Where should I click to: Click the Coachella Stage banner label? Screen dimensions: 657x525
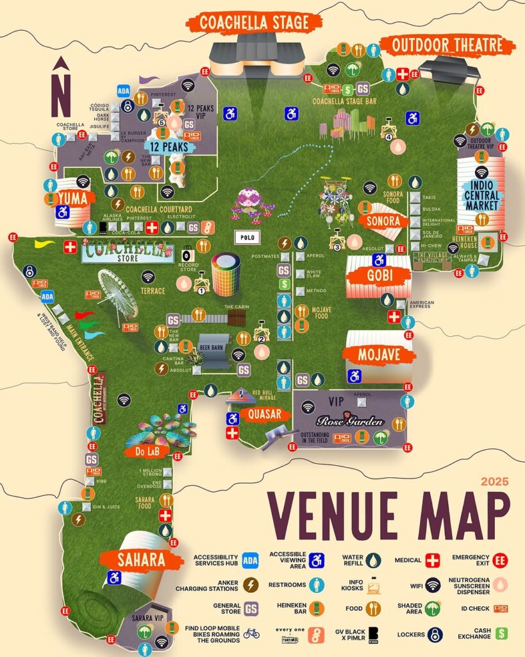pyautogui.click(x=253, y=23)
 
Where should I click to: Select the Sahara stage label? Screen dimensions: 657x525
pyautogui.click(x=141, y=559)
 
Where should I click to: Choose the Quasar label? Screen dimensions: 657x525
pyautogui.click(x=263, y=414)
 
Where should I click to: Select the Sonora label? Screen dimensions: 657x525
pyautogui.click(x=383, y=221)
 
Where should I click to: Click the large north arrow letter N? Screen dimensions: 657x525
pyautogui.click(x=61, y=95)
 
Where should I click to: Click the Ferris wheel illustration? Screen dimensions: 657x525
pyautogui.click(x=118, y=294)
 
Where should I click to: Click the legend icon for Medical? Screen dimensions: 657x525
pyautogui.click(x=433, y=560)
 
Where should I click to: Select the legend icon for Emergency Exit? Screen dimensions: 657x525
pyautogui.click(x=501, y=560)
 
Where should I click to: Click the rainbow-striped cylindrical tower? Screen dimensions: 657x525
pyautogui.click(x=226, y=274)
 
